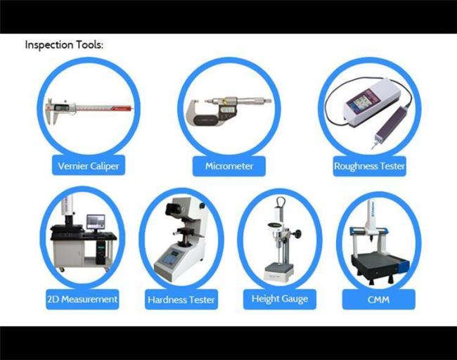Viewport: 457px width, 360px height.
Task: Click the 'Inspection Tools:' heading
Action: tap(64, 44)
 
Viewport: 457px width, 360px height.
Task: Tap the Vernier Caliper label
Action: tap(88, 167)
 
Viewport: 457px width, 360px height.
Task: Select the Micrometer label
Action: tap(228, 167)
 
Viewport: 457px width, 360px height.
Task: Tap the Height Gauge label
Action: tap(279, 300)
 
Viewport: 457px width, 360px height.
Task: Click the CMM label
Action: tap(378, 300)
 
